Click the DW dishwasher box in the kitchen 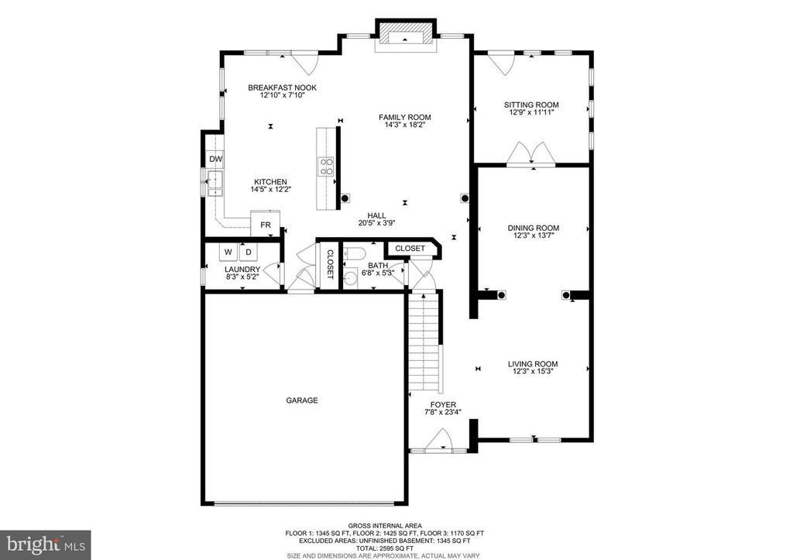tap(215, 160)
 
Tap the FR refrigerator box tap(265, 225)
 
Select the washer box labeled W tap(229, 253)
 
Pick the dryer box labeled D tap(249, 253)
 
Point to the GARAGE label tap(302, 400)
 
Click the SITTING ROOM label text tap(531, 105)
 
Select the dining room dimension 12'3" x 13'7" tap(533, 237)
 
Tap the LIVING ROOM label tap(533, 364)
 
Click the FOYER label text tap(444, 404)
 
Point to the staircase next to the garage tap(424, 345)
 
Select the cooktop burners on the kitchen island tap(327, 167)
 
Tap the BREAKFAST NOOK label tap(282, 88)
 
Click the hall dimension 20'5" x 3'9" tap(376, 223)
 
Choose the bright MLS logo tap(46, 544)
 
